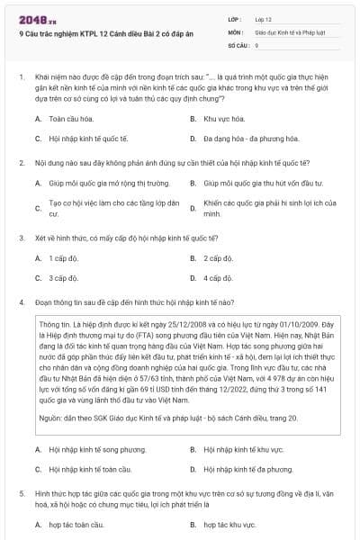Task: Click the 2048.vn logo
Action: (x=34, y=17)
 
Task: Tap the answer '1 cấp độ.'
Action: (x=64, y=258)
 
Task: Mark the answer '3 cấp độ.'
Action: (x=64, y=278)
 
